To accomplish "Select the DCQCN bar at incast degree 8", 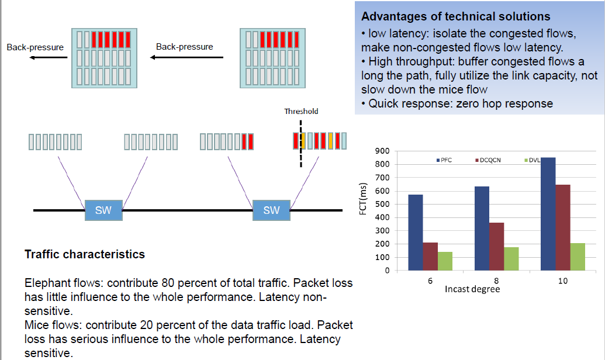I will (x=496, y=246).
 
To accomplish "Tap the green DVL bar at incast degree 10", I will (x=577, y=257).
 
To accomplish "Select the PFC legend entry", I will (x=445, y=160).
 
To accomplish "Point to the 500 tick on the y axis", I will (x=383, y=204).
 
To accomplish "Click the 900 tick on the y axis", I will (x=383, y=151).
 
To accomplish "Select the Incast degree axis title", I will (x=472, y=289).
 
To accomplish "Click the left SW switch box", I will (x=103, y=210).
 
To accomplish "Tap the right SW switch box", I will (x=271, y=210).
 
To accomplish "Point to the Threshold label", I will (x=301, y=111).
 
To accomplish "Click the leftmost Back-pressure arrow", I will (x=46, y=57).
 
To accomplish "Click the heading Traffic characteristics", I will (x=84, y=255).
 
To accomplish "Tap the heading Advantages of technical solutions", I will (x=456, y=16).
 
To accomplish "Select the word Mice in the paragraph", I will (x=36, y=325).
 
